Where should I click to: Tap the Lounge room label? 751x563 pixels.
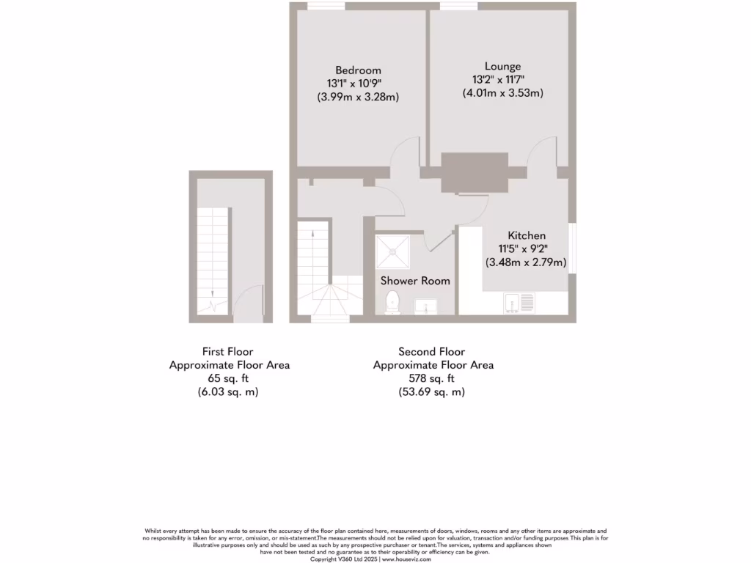point(502,67)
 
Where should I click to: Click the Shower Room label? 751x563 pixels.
point(415,281)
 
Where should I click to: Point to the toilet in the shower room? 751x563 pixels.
point(392,301)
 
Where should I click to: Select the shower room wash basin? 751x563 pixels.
point(425,305)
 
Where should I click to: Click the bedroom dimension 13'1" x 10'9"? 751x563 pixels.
point(358,84)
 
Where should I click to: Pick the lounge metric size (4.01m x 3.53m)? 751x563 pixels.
point(502,93)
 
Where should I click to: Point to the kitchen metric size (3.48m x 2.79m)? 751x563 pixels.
point(526,262)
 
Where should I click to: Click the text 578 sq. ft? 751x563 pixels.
point(432,378)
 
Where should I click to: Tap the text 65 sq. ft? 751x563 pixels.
point(229,378)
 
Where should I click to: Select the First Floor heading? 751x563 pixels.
point(228,352)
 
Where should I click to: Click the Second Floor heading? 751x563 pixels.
point(432,352)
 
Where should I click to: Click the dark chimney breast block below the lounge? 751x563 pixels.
point(475,172)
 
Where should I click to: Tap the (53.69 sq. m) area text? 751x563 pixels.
point(432,392)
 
